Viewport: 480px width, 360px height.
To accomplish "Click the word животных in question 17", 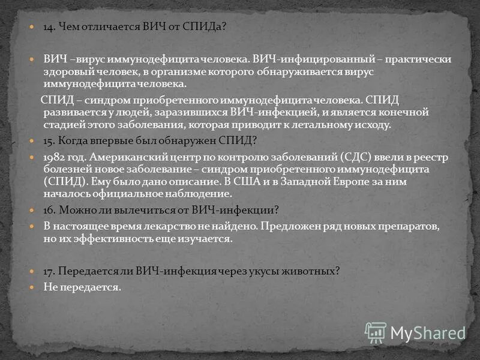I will (x=311, y=271).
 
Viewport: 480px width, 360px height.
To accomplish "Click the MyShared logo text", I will (x=428, y=331).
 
